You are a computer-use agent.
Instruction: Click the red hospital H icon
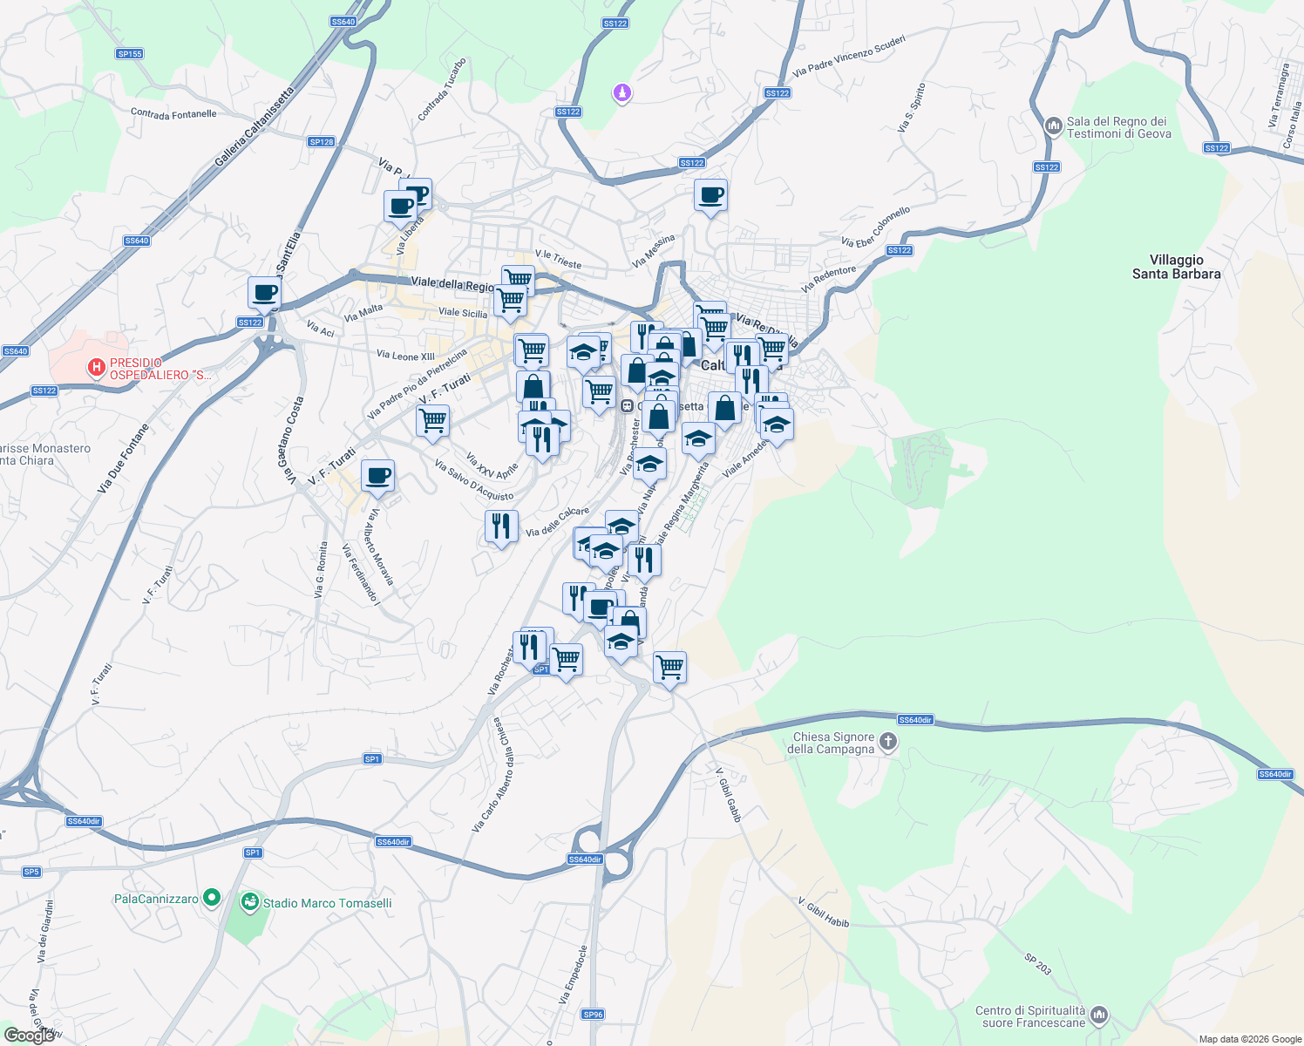point(97,368)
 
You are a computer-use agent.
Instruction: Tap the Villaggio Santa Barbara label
point(1176,267)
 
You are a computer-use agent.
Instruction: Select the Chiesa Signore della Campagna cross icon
point(888,743)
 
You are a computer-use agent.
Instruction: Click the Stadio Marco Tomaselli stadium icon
point(250,902)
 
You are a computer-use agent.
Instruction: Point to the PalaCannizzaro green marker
point(211,898)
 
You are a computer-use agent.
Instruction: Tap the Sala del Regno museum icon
point(1054,126)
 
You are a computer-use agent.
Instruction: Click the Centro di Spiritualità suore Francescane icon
point(1099,1015)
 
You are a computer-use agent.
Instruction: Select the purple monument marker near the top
point(621,92)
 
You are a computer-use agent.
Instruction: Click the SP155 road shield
point(129,54)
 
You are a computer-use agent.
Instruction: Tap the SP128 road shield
point(322,141)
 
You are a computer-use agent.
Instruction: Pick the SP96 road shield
point(593,1014)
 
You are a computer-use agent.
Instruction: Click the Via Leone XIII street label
point(405,355)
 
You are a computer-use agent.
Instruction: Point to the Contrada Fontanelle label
point(173,113)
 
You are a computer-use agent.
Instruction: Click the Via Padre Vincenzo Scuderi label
point(849,56)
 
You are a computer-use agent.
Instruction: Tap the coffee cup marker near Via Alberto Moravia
point(377,476)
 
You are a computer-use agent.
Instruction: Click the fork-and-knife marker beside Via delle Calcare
point(500,526)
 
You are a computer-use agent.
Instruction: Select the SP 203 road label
point(1037,963)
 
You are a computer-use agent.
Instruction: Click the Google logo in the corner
point(29,1035)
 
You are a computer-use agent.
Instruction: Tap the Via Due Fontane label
point(123,458)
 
